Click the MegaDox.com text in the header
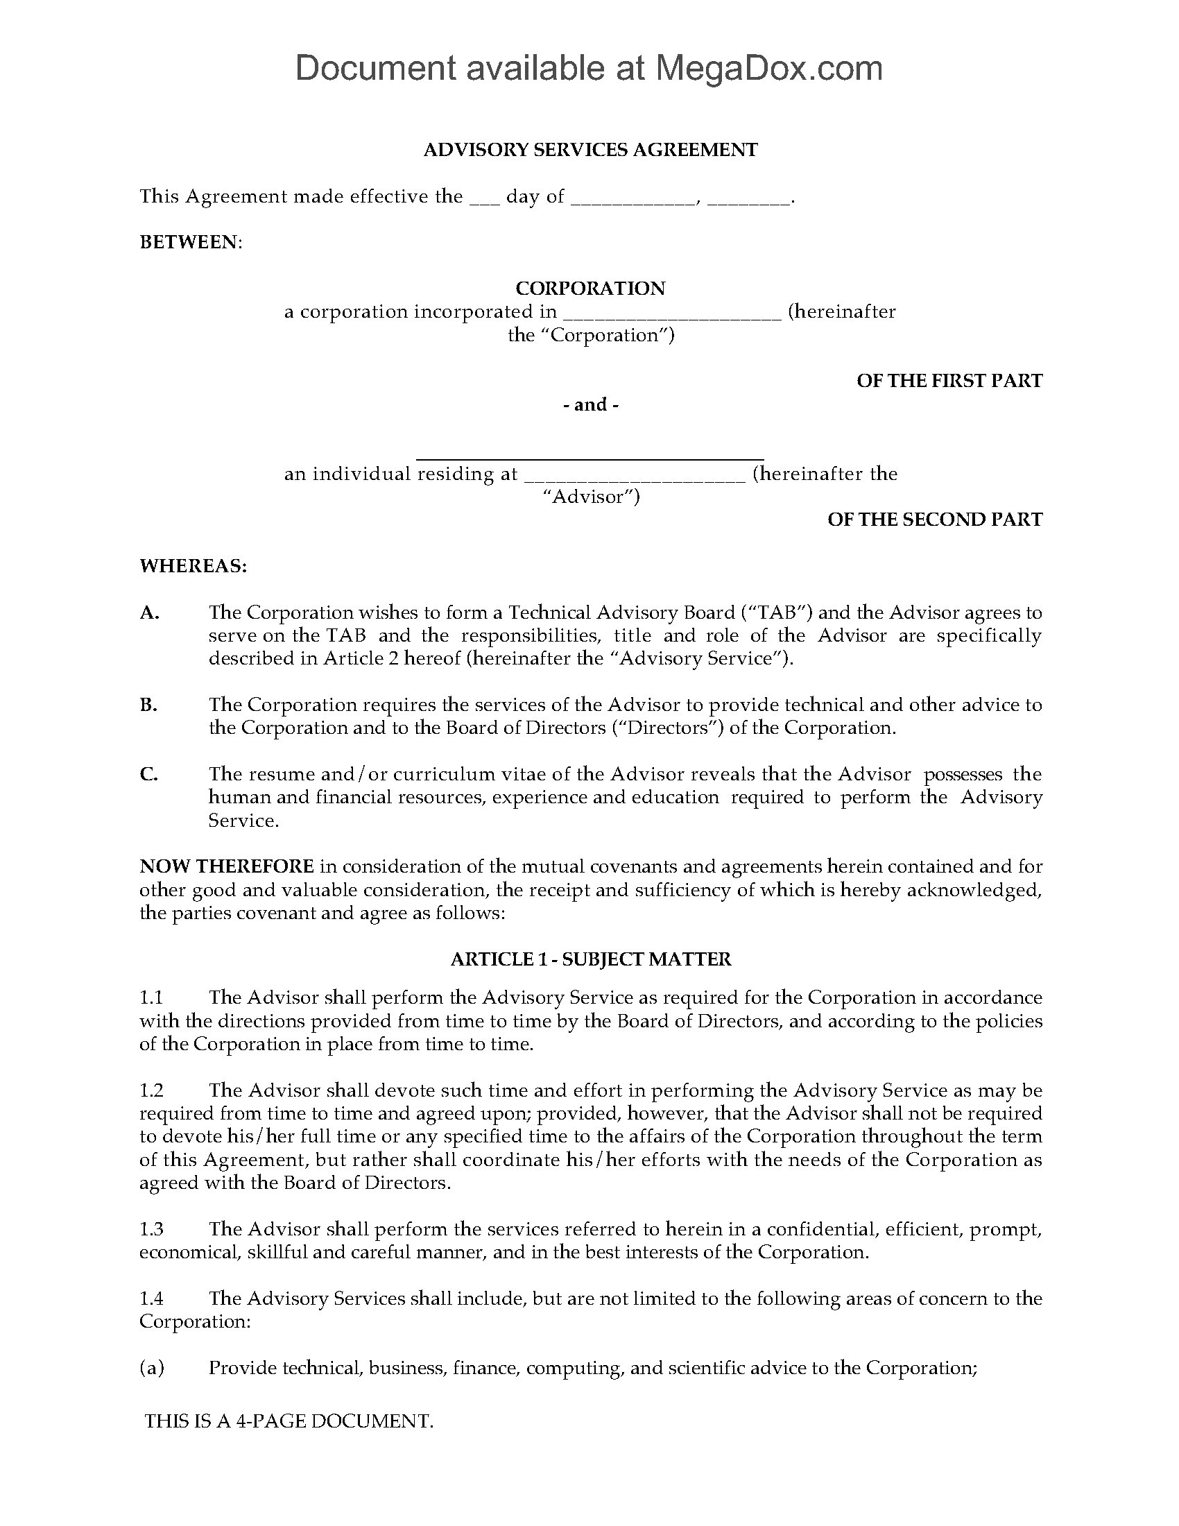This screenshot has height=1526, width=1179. point(768,69)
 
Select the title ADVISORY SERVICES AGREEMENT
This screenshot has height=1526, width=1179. point(589,150)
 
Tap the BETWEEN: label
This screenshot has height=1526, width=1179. point(191,242)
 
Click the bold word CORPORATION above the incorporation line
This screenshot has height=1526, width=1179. point(589,288)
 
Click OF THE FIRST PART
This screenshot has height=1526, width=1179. point(949,381)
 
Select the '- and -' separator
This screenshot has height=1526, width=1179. point(590,404)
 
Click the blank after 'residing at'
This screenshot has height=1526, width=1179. point(634,475)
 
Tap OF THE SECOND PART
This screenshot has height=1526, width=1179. point(934,519)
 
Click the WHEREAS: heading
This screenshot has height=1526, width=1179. point(193,565)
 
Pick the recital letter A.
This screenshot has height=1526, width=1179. point(150,612)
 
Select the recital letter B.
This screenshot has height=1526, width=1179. point(148,705)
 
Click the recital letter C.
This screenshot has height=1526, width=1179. point(149,774)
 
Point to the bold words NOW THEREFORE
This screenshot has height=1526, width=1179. point(226,866)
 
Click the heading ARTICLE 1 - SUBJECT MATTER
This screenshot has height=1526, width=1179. point(590,959)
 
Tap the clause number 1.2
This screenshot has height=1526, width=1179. point(151,1090)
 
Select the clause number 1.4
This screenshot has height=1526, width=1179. point(151,1298)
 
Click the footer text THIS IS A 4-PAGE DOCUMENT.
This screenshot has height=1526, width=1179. point(289,1421)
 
